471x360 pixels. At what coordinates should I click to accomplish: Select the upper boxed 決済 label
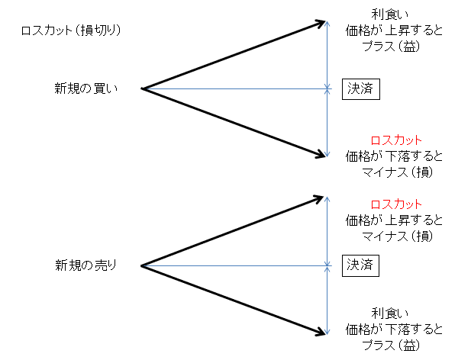point(360,88)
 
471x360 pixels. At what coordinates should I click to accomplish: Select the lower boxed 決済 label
point(360,265)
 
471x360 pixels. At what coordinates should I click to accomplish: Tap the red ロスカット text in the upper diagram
point(395,141)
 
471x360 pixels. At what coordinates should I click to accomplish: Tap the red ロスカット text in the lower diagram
point(395,204)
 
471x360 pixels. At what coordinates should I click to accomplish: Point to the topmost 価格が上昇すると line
point(394,31)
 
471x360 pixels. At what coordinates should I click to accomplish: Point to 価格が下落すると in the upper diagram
point(394,156)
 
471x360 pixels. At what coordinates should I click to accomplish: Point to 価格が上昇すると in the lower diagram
point(394,220)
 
